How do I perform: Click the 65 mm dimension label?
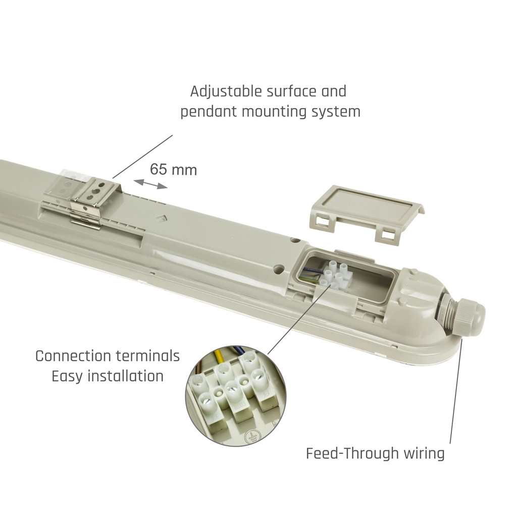173,169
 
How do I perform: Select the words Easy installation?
107,376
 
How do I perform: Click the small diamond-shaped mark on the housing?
162,218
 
